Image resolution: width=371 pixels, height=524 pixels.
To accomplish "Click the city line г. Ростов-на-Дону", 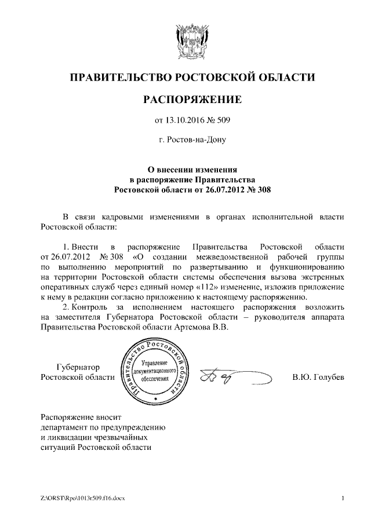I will [192, 140].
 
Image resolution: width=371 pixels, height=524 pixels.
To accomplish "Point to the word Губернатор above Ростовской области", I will [79, 367].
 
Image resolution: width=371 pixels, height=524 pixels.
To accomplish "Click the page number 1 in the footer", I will [344, 499].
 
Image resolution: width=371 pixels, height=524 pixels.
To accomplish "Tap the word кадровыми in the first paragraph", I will [128, 217].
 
